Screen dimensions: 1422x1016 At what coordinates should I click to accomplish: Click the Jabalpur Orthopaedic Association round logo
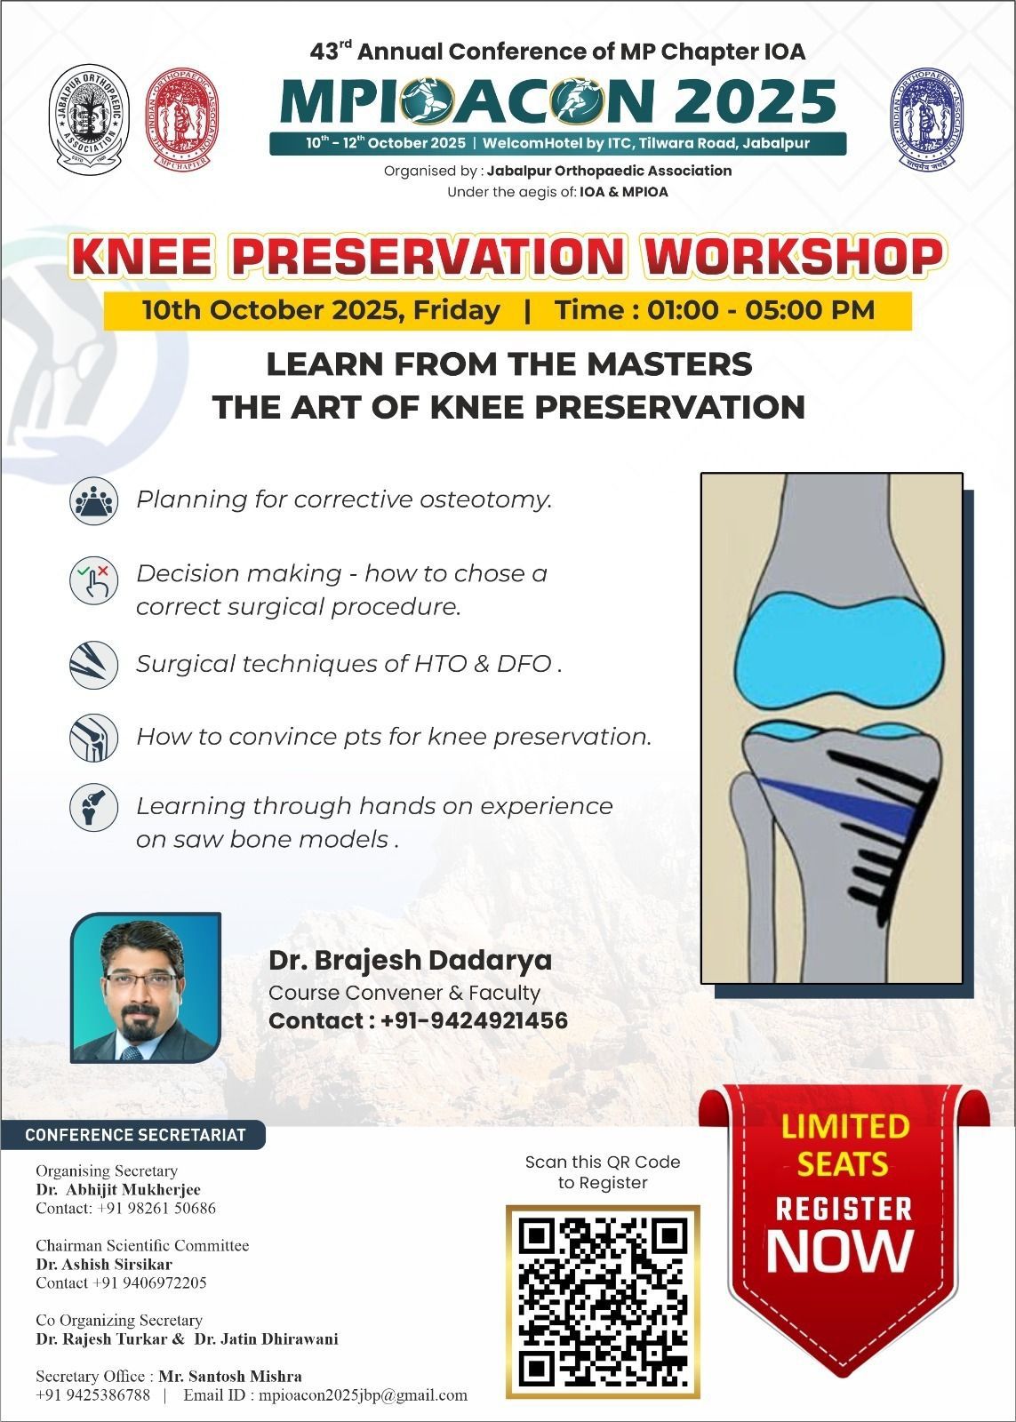[88, 116]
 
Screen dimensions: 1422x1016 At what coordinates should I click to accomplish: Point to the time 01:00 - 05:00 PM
[714, 310]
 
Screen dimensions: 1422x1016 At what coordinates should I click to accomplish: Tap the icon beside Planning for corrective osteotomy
[93, 500]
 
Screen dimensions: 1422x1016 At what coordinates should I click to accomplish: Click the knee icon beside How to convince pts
[93, 738]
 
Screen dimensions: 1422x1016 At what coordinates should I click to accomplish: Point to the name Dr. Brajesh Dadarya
[410, 961]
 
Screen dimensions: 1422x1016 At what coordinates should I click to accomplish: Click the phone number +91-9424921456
[474, 1021]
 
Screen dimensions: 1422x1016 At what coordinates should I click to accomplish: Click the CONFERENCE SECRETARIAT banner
[133, 1135]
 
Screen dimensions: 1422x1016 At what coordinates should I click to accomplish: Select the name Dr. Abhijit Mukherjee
[118, 1189]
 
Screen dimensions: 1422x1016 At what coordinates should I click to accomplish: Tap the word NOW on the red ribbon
[840, 1251]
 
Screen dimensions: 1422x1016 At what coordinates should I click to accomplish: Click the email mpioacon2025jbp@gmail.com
[363, 1394]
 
